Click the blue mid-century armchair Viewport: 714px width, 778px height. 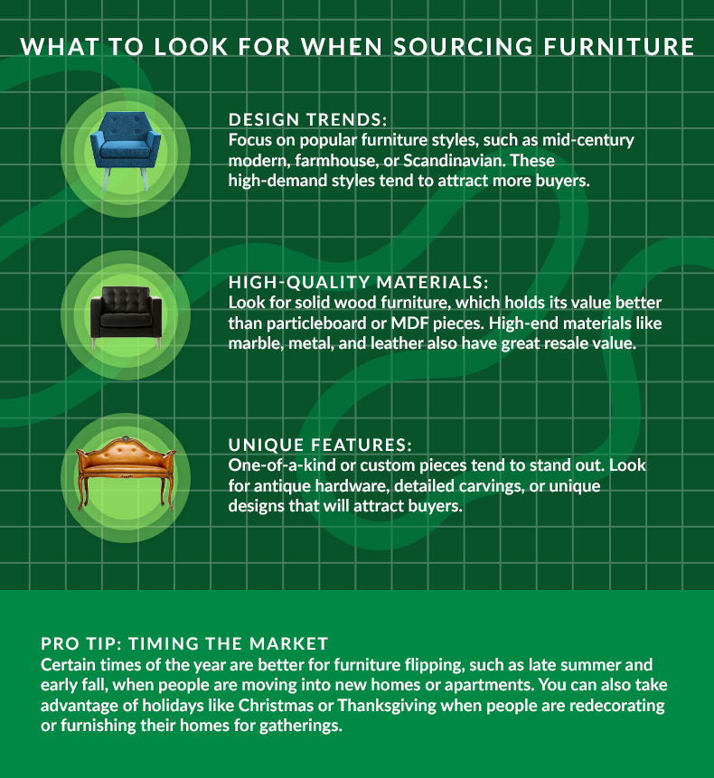click(125, 145)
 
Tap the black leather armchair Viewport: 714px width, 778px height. click(125, 313)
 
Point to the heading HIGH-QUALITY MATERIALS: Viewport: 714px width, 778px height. click(358, 282)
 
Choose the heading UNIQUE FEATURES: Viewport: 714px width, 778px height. click(320, 445)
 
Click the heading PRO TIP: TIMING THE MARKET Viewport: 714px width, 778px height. click(184, 644)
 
